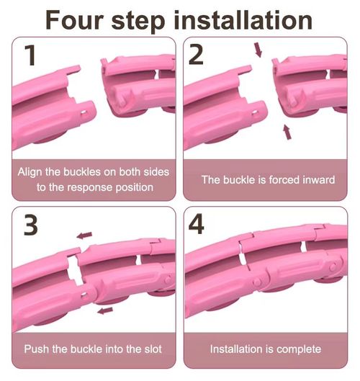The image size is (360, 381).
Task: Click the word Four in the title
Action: [75, 20]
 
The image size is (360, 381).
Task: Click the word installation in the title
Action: [243, 20]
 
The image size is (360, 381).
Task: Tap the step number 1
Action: [30, 55]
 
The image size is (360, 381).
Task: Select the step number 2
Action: [196, 55]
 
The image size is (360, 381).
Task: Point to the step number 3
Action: [31, 225]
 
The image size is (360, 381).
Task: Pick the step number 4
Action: [197, 224]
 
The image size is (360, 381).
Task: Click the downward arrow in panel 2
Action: [258, 50]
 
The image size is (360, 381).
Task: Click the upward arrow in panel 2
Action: [287, 132]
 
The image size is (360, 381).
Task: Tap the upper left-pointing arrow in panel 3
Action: [84, 236]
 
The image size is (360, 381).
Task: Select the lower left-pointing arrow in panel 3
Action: [105, 310]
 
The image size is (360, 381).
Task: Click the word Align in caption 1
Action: [30, 172]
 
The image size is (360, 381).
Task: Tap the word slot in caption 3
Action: [153, 349]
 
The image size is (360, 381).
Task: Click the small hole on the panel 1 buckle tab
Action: [84, 113]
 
